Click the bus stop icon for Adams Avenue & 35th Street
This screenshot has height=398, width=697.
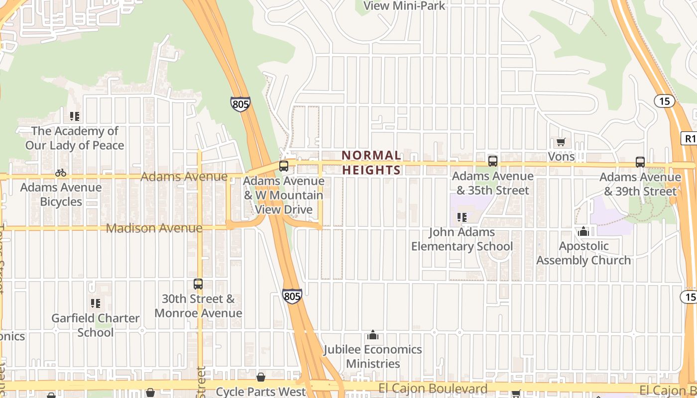click(x=492, y=161)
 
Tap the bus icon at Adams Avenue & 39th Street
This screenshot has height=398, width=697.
click(x=640, y=162)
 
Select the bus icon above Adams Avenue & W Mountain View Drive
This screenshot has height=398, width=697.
click(x=284, y=166)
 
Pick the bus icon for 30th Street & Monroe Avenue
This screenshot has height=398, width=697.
click(x=198, y=284)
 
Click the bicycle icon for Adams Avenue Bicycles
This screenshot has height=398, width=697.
click(x=61, y=173)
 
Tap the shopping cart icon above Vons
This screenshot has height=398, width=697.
click(x=561, y=142)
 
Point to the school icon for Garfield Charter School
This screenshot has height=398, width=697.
click(x=95, y=303)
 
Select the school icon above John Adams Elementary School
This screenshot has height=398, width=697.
click(x=462, y=217)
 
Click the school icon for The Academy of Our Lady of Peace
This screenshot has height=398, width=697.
click(x=75, y=116)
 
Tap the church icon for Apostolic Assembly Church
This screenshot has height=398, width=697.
click(x=583, y=231)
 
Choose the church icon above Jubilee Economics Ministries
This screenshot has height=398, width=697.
click(x=372, y=335)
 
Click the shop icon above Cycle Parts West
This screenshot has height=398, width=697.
click(x=260, y=377)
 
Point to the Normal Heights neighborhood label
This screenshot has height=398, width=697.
click(x=371, y=163)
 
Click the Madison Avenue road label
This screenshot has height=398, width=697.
click(x=154, y=228)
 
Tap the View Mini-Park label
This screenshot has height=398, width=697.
click(x=404, y=6)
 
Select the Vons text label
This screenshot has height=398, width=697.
click(x=561, y=157)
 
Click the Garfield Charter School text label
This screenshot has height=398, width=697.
click(x=95, y=325)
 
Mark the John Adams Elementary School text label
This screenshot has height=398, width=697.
click(x=462, y=239)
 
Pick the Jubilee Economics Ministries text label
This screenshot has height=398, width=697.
click(x=373, y=357)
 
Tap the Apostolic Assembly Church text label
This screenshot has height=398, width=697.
click(x=583, y=253)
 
